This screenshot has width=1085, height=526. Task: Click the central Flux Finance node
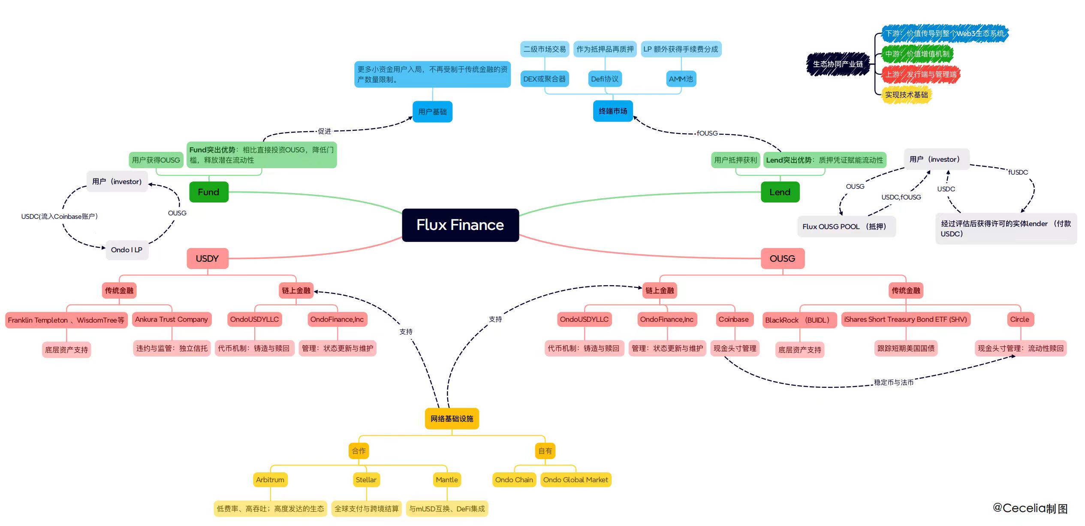point(460,225)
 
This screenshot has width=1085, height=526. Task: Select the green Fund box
point(208,192)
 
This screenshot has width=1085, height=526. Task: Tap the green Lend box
point(780,192)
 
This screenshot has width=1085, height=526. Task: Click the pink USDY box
point(207,258)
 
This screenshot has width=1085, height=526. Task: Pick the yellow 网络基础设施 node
point(452,418)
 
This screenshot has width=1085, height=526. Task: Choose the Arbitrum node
point(270,480)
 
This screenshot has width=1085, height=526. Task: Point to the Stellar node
point(366,480)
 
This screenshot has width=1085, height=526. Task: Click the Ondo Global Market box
point(576,480)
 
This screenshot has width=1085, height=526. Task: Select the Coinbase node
point(733,319)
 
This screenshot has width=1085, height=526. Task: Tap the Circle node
point(1019,319)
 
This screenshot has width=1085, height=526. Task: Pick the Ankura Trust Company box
point(172,319)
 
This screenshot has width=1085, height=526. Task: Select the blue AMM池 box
point(681,79)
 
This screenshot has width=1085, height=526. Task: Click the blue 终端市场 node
point(613,111)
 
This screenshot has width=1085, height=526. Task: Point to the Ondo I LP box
point(127,250)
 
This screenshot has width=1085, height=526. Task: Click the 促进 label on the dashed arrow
point(325,131)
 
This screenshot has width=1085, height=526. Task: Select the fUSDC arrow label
point(1018,172)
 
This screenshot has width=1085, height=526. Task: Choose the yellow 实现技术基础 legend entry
point(906,95)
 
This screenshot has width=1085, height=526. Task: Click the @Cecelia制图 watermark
point(1030,508)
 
